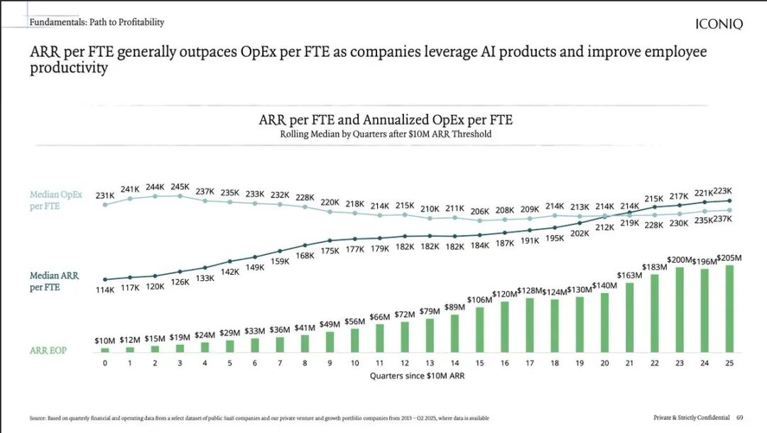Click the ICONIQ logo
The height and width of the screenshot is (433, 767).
(x=719, y=25)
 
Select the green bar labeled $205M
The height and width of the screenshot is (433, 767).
(x=729, y=309)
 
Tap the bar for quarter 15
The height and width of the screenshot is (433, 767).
(x=479, y=329)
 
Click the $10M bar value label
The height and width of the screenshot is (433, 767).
(x=104, y=341)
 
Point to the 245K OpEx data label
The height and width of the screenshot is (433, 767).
(x=180, y=187)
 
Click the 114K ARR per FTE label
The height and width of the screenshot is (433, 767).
(x=104, y=290)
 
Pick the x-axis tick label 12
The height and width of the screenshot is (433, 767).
(x=404, y=363)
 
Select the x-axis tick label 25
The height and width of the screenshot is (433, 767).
(x=729, y=363)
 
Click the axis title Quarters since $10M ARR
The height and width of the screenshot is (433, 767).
(x=417, y=376)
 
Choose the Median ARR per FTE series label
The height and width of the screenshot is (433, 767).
(x=55, y=281)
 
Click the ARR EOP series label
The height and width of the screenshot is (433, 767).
(x=48, y=351)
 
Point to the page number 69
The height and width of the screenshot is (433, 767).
(x=739, y=417)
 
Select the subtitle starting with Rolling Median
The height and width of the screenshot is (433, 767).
(x=386, y=134)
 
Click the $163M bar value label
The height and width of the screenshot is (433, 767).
(x=630, y=275)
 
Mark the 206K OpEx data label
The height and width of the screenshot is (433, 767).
(x=480, y=212)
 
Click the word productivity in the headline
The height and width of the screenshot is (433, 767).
(x=68, y=68)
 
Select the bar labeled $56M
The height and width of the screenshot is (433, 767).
(x=354, y=337)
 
